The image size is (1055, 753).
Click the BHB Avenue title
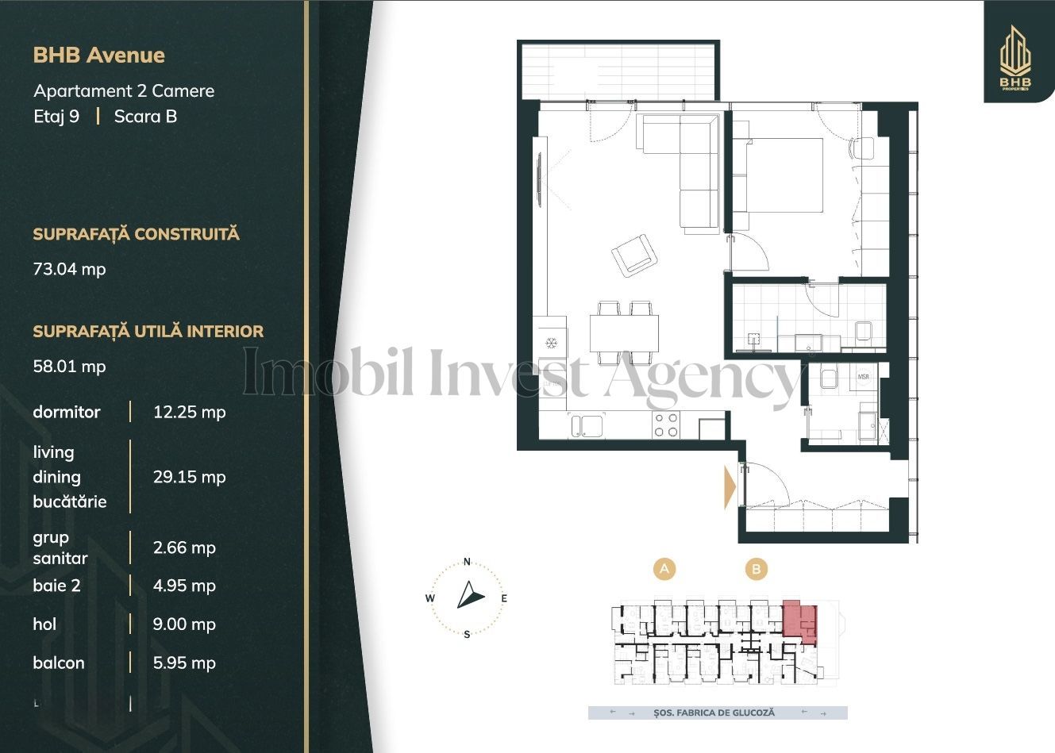(98, 55)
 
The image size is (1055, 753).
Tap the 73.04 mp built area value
(69, 269)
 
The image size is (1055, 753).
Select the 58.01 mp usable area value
(69, 367)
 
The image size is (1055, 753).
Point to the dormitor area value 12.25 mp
(189, 412)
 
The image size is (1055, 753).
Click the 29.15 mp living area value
(189, 477)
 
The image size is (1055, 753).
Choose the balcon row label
(59, 663)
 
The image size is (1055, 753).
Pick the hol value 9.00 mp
(184, 624)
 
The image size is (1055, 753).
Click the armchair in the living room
(635, 255)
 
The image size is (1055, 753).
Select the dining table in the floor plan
(624, 333)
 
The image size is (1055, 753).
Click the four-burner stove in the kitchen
(666, 425)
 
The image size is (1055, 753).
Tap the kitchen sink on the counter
(587, 425)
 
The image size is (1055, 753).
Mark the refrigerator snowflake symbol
(550, 343)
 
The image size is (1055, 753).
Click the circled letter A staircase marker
(664, 568)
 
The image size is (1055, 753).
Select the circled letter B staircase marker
(757, 568)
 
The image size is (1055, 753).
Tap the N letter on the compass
(468, 562)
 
